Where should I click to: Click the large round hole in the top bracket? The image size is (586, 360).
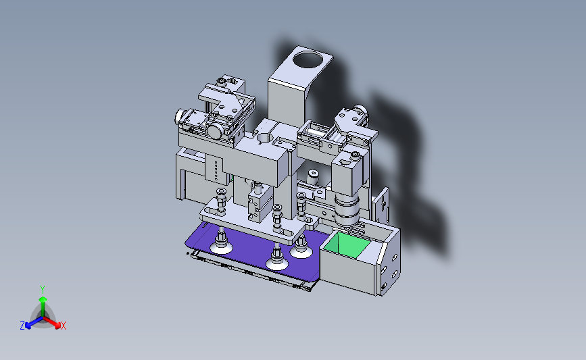[x=308, y=59]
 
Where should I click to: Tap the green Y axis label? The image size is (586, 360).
[x=43, y=290]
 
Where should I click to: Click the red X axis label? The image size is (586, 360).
[x=64, y=326]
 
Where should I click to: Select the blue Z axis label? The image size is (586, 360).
[x=22, y=326]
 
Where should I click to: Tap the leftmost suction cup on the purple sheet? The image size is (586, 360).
[x=221, y=242]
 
